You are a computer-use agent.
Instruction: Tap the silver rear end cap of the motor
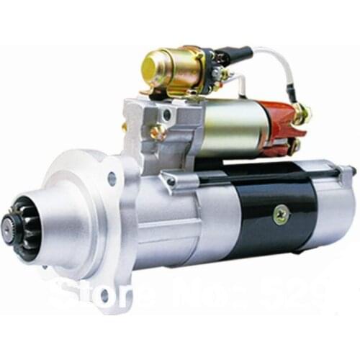tap(335, 209)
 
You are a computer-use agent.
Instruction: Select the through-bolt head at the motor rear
tap(351, 171)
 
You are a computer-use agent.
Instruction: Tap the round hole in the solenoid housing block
tap(168, 114)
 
